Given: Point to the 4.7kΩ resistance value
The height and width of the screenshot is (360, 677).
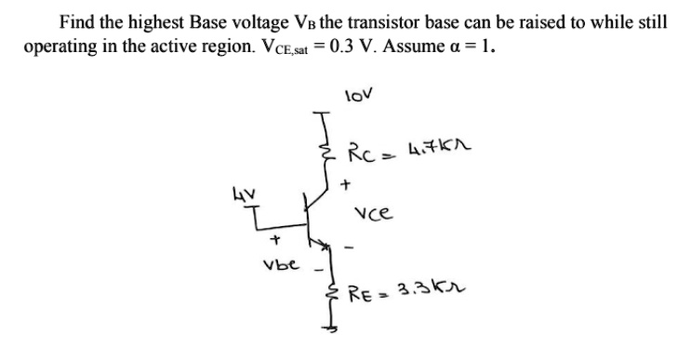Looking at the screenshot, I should (x=425, y=149).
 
